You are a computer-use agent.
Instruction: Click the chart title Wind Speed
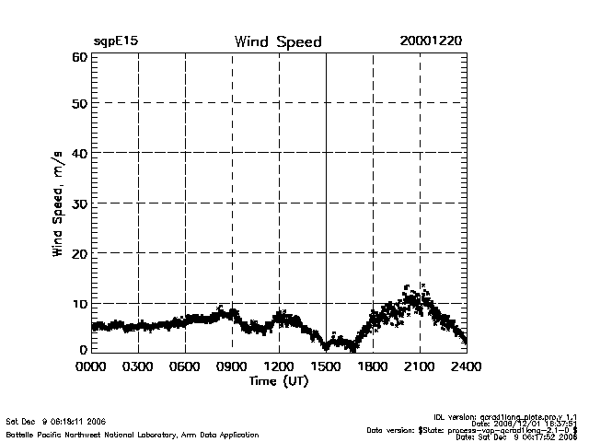278,42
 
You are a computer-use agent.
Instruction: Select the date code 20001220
431,42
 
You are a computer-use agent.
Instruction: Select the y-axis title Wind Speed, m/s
57,203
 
